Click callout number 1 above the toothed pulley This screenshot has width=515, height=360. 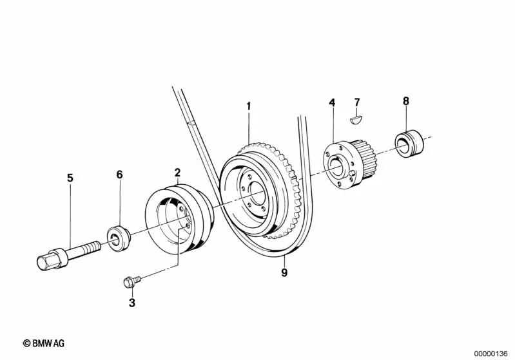(x=249, y=106)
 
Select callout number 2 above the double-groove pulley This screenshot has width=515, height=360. (x=177, y=173)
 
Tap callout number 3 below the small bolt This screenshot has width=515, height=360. (x=131, y=303)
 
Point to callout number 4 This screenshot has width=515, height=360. (x=332, y=102)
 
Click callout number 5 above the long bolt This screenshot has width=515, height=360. (x=70, y=178)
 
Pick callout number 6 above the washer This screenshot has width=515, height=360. (x=119, y=175)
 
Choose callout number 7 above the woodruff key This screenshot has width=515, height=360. (x=357, y=102)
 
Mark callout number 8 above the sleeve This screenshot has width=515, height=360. (x=406, y=101)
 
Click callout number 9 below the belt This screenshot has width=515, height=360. (x=284, y=272)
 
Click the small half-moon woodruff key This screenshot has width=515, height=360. (x=356, y=118)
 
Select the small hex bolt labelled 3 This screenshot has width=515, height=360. (x=132, y=281)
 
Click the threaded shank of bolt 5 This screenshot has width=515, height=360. (x=84, y=249)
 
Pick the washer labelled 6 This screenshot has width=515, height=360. (x=119, y=238)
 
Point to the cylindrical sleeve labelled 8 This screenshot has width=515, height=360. (x=409, y=144)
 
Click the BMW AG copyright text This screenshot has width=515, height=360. (x=44, y=343)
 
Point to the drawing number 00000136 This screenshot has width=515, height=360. (x=491, y=354)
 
